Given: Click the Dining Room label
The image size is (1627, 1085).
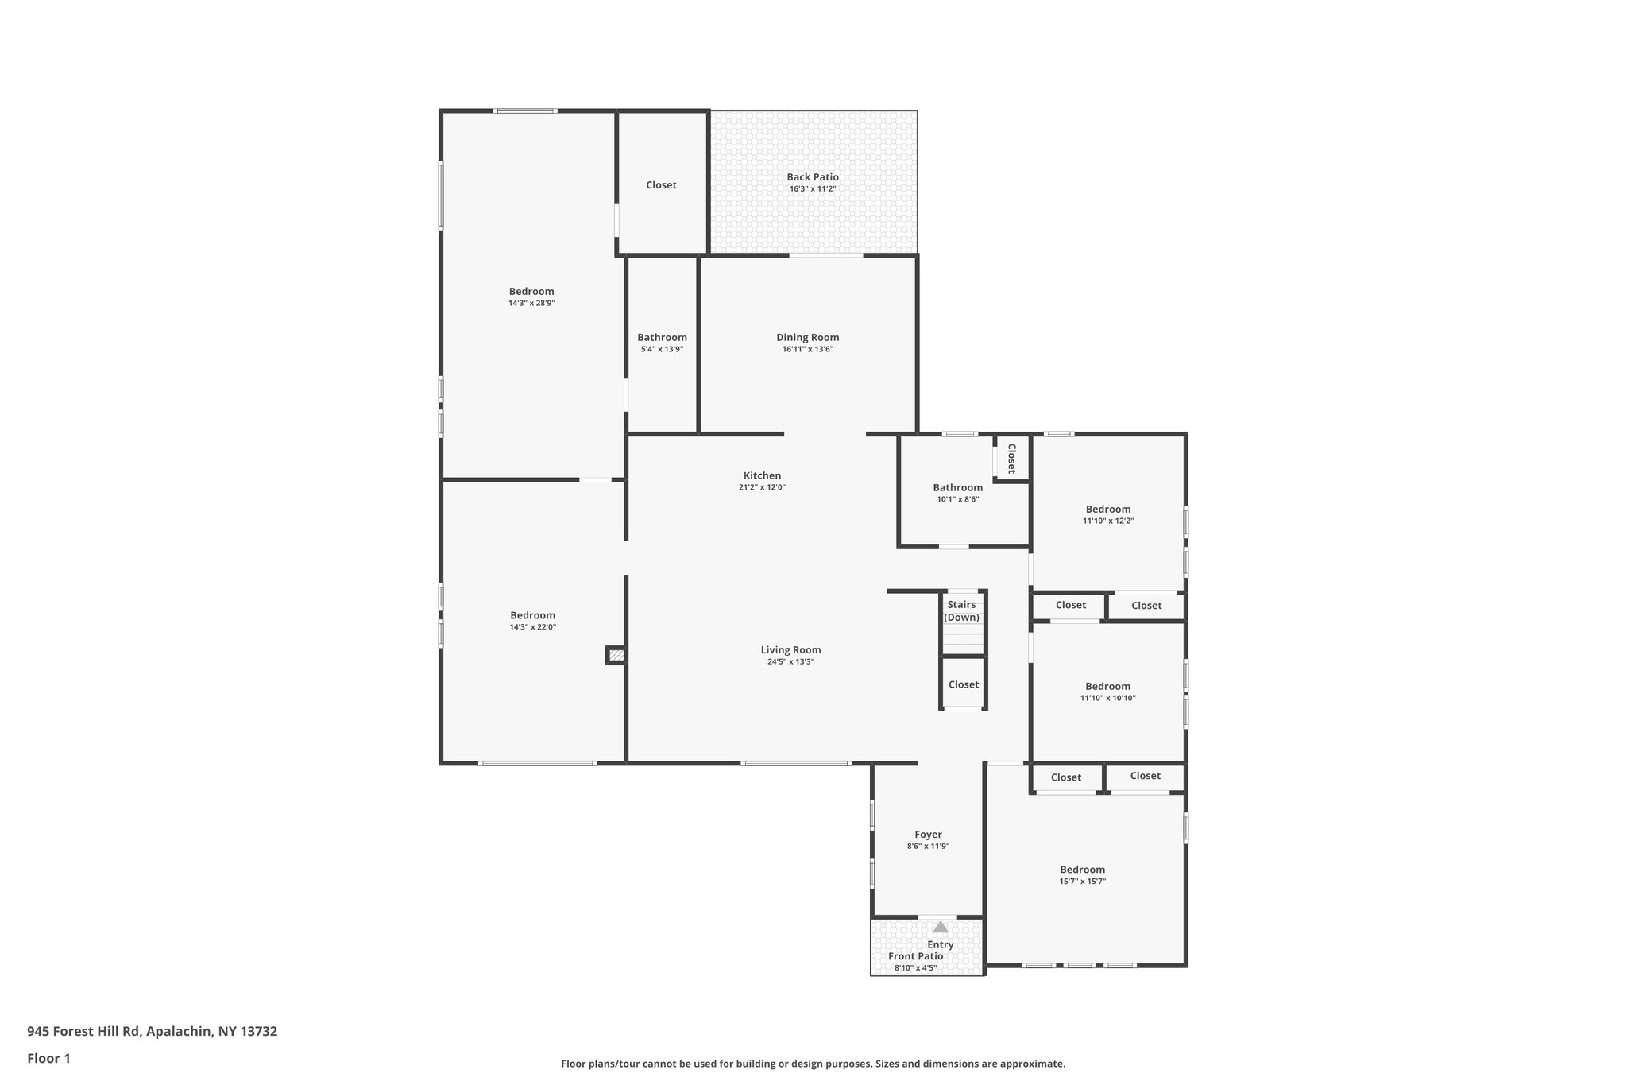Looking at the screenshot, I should point(807,337).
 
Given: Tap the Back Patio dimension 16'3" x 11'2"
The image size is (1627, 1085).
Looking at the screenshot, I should point(812,189).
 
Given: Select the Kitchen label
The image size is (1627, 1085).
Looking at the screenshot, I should point(762,475).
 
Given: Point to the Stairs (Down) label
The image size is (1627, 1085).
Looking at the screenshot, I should point(961,610).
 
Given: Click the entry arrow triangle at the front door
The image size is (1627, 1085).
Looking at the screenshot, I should point(941,927).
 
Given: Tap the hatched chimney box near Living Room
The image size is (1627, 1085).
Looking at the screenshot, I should point(616,656).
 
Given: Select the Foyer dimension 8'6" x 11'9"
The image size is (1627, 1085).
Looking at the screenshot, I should point(928,847).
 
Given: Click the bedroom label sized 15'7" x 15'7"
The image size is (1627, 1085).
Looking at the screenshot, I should point(1082,870).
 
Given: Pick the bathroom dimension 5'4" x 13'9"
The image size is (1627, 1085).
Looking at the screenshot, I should point(662,349).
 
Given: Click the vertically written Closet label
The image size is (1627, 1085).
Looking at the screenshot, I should point(1011,458).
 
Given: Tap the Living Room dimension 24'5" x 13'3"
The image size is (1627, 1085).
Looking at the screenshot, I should point(790,661).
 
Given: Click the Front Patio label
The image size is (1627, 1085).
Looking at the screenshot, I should point(915,956).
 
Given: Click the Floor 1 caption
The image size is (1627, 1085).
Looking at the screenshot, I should point(48,1058).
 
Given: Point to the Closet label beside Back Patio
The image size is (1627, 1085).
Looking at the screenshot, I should point(661,184).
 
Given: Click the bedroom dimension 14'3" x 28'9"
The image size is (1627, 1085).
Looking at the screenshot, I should point(531,303).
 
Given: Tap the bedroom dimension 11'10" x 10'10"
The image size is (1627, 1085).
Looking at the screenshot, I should point(1107,698).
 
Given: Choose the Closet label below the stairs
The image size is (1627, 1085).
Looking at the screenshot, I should point(963,684).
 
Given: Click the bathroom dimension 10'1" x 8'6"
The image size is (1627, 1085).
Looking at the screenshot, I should point(957,499).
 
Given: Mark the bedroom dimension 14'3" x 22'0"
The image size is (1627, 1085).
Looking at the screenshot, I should point(532,626).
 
